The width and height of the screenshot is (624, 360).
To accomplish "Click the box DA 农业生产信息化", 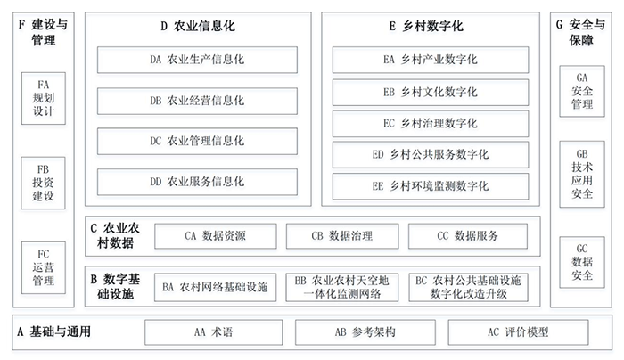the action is (x=197, y=60).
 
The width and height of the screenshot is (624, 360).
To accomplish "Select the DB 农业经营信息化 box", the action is (x=197, y=101).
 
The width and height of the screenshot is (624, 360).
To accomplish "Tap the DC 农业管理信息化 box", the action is (x=197, y=141).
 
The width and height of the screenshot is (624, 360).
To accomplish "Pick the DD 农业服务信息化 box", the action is (x=197, y=182).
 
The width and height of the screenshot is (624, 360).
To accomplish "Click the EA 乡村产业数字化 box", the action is (x=431, y=60).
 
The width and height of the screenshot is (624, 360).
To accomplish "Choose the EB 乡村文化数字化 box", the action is (x=431, y=93).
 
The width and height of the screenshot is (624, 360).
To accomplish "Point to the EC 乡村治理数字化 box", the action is (x=431, y=123).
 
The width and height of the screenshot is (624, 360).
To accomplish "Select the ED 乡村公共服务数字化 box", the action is (x=431, y=154).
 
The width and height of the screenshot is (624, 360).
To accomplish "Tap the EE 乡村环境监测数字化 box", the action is (x=431, y=186).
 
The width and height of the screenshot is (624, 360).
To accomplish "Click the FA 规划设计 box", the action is (x=44, y=98).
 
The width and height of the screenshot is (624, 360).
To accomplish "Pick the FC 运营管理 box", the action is (x=44, y=267).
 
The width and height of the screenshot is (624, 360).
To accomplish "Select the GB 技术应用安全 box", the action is (x=582, y=174).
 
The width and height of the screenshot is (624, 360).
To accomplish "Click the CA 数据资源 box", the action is (x=216, y=236).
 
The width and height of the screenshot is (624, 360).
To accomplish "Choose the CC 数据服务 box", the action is (x=468, y=236).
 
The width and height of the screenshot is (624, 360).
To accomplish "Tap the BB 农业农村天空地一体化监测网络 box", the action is (x=341, y=287).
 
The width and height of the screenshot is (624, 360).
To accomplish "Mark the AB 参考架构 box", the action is (x=365, y=332).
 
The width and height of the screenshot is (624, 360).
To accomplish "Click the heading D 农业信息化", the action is (x=198, y=26).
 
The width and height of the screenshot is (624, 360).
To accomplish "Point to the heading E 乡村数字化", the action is (x=426, y=26).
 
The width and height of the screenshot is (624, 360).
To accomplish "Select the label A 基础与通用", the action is (x=54, y=331).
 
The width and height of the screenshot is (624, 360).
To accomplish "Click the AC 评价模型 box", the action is (x=518, y=332).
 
